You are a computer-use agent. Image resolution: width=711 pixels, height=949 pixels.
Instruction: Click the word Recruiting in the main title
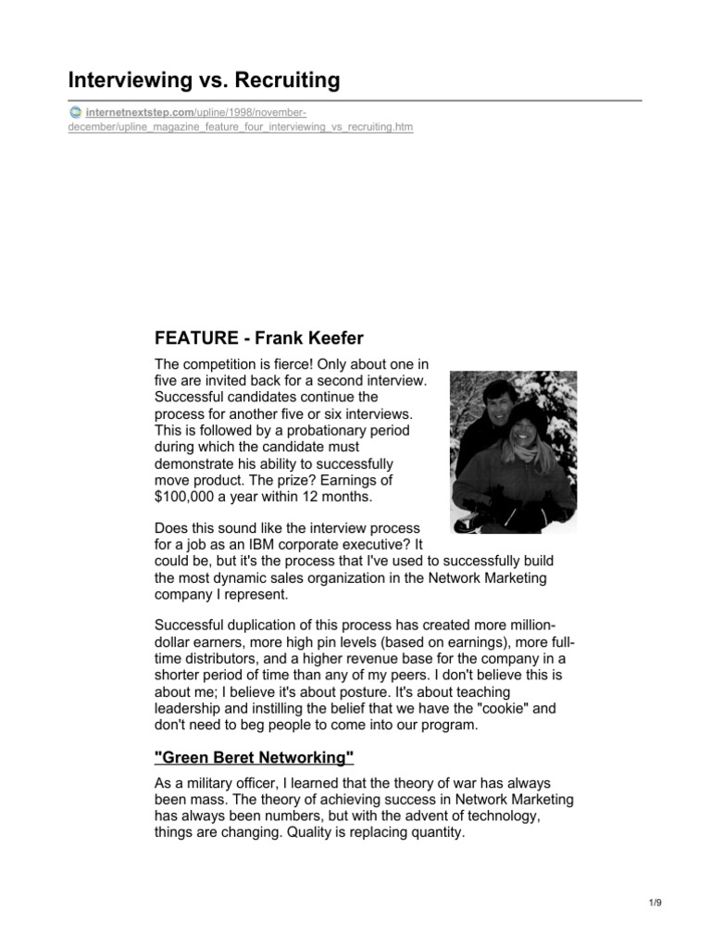pos(284,81)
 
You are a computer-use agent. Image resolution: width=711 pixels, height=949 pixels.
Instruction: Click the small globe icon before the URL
pos(74,112)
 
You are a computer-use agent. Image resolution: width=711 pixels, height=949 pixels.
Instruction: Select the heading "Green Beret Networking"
pos(255,759)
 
